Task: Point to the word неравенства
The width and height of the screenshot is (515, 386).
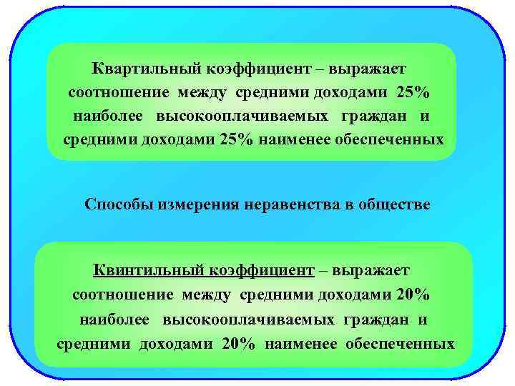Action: tap(290, 205)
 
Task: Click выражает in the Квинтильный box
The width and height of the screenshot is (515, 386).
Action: tap(375, 270)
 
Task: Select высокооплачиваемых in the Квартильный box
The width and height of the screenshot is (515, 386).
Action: tap(244, 115)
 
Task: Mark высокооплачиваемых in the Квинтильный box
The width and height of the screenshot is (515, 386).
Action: tap(250, 318)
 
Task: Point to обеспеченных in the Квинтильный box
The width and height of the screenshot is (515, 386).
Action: tap(400, 343)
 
